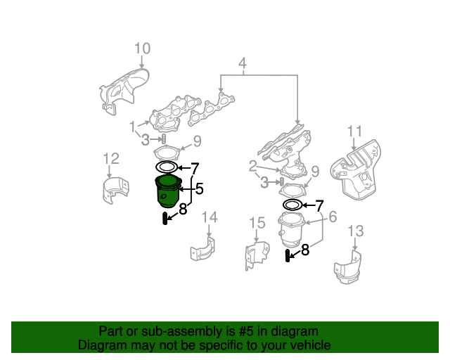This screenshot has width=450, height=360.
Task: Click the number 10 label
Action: click(x=142, y=49)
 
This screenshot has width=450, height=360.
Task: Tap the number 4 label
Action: click(x=242, y=66)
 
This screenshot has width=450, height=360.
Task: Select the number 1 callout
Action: click(x=132, y=127)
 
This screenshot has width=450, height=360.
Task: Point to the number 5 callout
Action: click(x=199, y=188)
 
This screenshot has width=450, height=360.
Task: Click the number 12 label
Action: click(x=110, y=158)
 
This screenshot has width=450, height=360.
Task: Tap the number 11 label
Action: click(x=354, y=131)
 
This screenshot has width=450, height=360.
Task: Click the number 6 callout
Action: click(x=333, y=217)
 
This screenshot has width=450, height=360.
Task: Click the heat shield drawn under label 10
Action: click(x=124, y=88)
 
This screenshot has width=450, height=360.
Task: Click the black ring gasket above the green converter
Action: click(x=166, y=167)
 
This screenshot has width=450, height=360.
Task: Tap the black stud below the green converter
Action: click(x=165, y=219)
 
